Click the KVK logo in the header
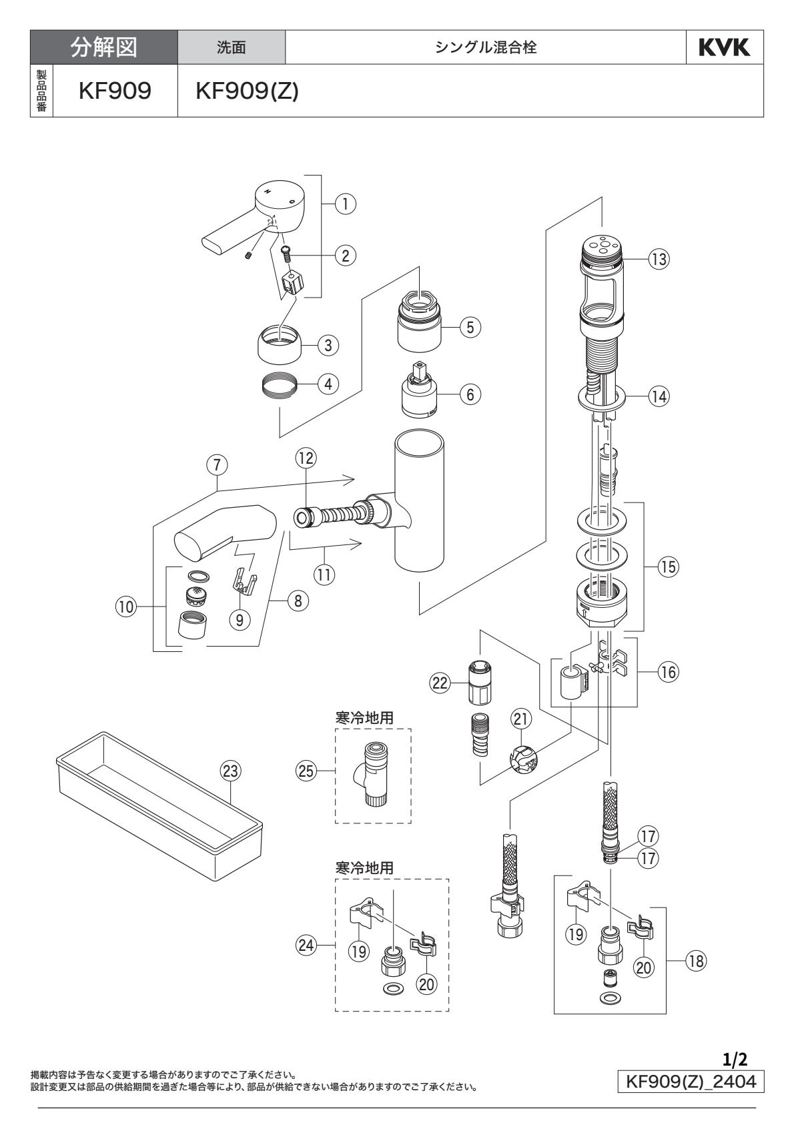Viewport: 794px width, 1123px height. pos(725,48)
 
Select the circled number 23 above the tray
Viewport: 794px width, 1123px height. pos(230,771)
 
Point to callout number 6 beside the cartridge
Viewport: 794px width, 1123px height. pos(470,394)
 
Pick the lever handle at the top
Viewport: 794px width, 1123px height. pos(260,214)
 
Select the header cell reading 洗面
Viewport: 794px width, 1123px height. pos(232,48)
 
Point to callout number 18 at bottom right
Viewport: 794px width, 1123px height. pos(695,960)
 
